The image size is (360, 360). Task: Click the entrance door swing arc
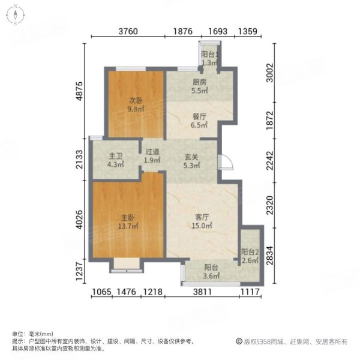pos(224,162)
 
